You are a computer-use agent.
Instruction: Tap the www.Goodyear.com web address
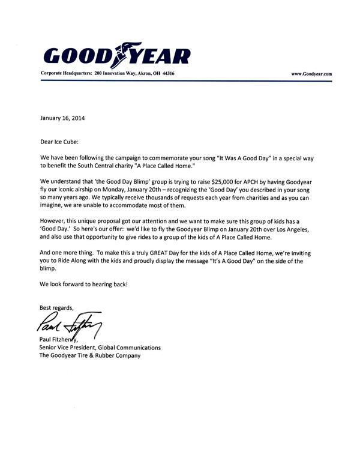[311, 73]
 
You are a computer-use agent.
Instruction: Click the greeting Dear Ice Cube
[59, 142]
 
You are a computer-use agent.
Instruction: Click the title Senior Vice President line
[100, 348]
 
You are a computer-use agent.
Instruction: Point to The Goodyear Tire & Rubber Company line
[90, 356]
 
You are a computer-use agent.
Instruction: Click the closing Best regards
[57, 308]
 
